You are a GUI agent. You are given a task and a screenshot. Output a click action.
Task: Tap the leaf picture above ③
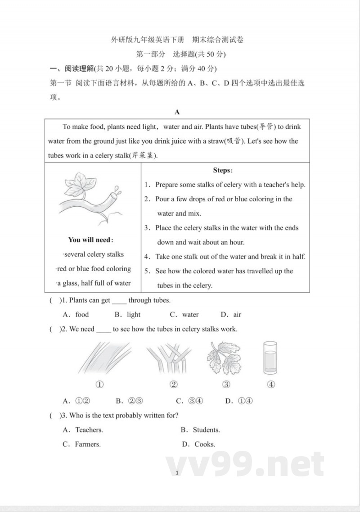(224, 358)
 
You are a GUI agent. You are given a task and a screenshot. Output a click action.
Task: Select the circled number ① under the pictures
(100, 385)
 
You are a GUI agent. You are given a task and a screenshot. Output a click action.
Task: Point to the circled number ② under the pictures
(174, 385)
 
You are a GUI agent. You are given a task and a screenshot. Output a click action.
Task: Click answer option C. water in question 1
(184, 315)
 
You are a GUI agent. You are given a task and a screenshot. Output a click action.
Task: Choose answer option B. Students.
(200, 430)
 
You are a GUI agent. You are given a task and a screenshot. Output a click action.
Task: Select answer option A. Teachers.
(83, 430)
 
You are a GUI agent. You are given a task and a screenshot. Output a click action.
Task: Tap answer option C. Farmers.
(81, 444)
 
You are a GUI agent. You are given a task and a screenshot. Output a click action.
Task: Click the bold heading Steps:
(223, 170)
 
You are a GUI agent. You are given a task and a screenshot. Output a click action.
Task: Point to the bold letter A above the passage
(177, 112)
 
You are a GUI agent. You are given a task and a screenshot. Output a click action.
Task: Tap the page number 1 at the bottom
(178, 473)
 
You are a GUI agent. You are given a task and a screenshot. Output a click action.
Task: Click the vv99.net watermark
(245, 464)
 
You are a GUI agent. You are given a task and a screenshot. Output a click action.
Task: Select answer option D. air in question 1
(231, 315)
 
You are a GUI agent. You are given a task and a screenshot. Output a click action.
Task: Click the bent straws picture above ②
(166, 358)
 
